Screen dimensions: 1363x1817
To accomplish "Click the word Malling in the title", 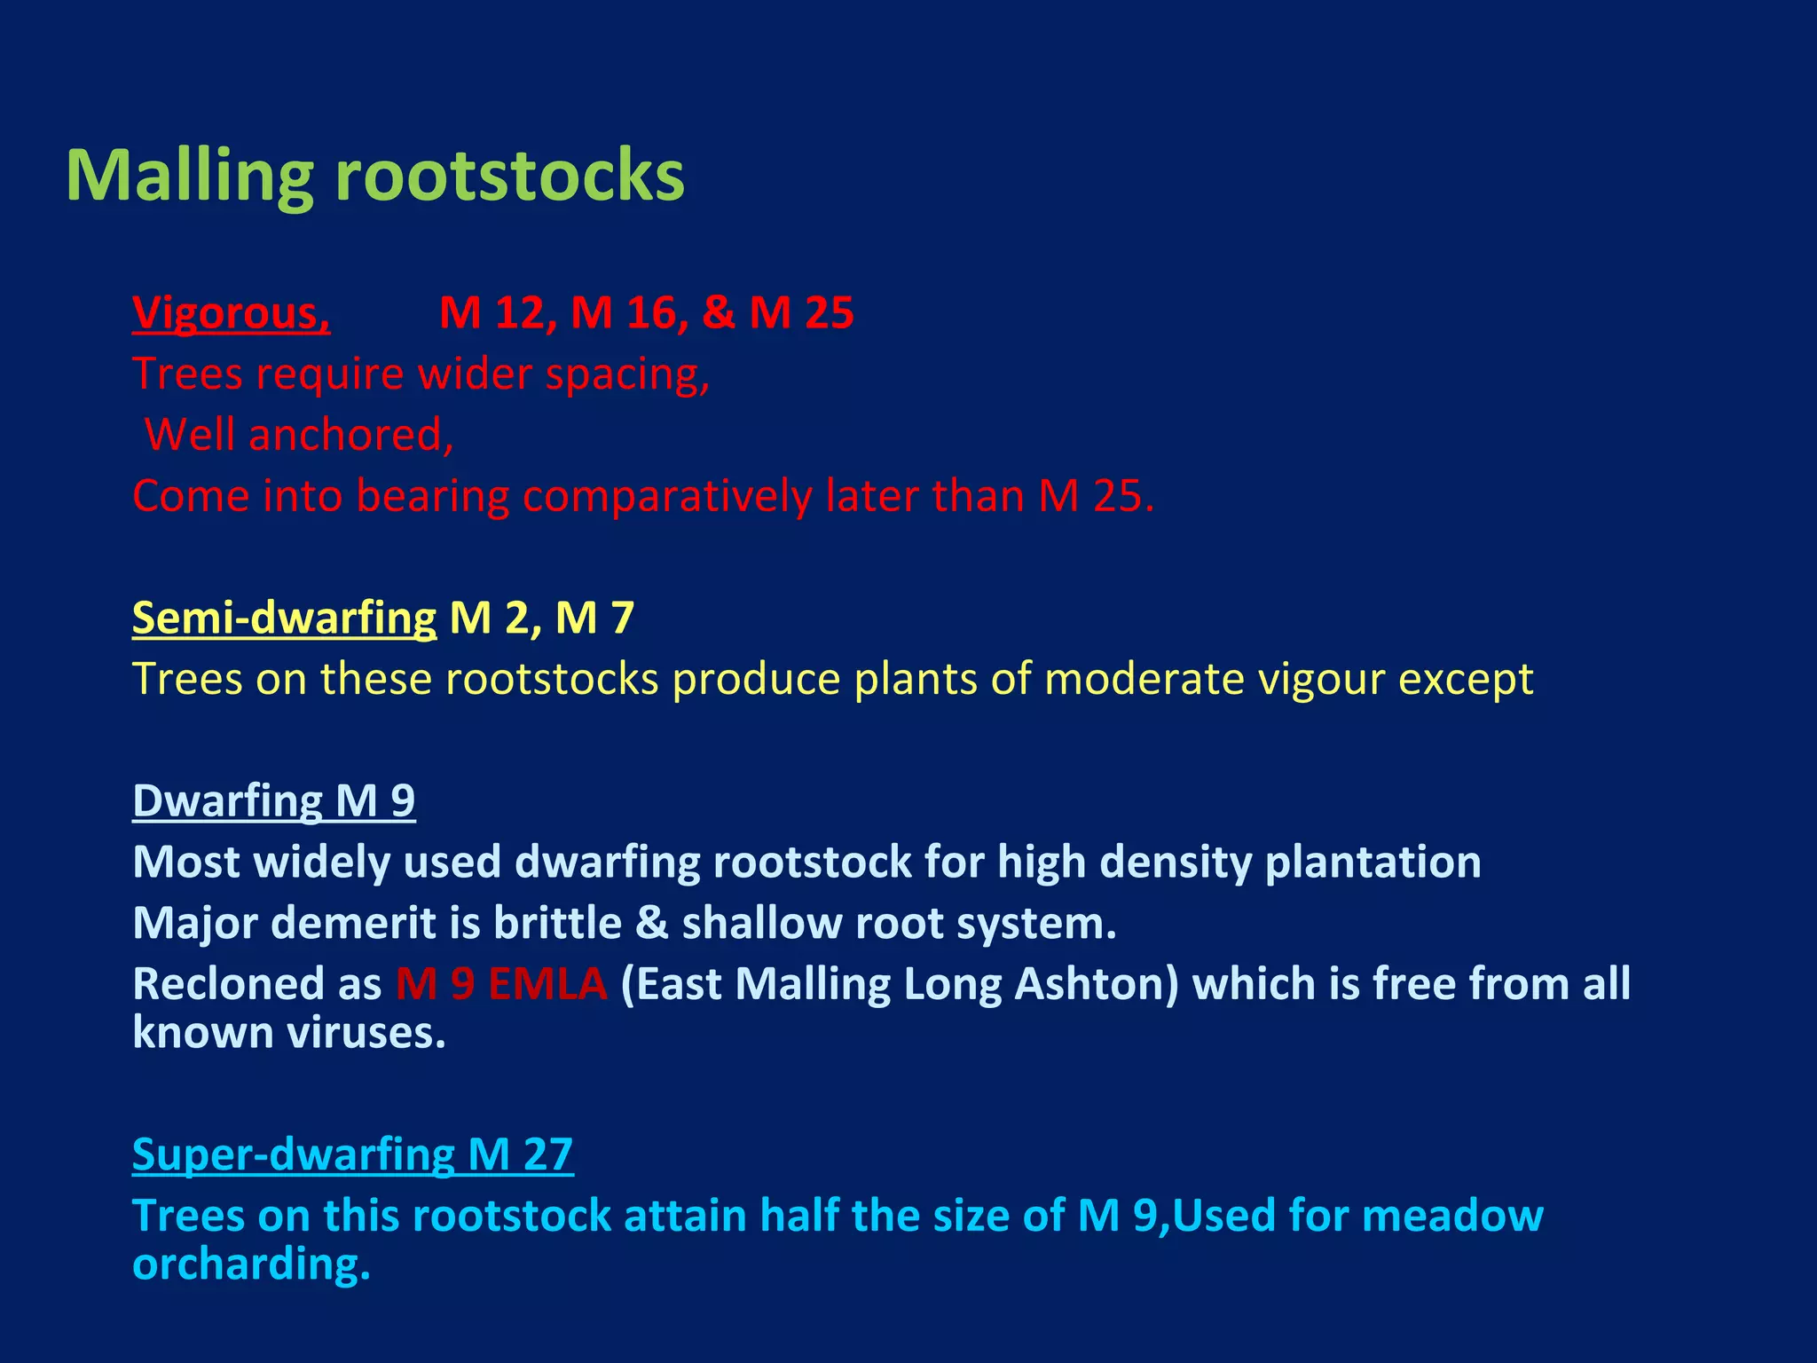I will [x=189, y=176].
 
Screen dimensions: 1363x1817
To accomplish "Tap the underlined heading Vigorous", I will [x=231, y=313].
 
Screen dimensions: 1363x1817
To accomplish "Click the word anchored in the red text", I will [x=351, y=435].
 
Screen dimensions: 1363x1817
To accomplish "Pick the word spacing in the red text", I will [x=627, y=374].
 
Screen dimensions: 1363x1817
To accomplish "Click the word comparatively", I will [x=667, y=495].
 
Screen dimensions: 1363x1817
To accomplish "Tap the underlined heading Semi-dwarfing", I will [x=284, y=618].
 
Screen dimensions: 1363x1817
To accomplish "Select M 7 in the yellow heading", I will [x=594, y=618].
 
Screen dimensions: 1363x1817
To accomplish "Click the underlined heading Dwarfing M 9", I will [x=273, y=800].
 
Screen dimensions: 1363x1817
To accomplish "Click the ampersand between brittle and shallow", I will [x=651, y=923].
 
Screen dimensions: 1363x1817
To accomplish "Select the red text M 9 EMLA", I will [x=501, y=984].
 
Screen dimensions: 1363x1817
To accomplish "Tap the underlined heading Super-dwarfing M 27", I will [x=352, y=1154].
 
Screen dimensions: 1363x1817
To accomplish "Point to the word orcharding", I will [x=251, y=1264].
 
